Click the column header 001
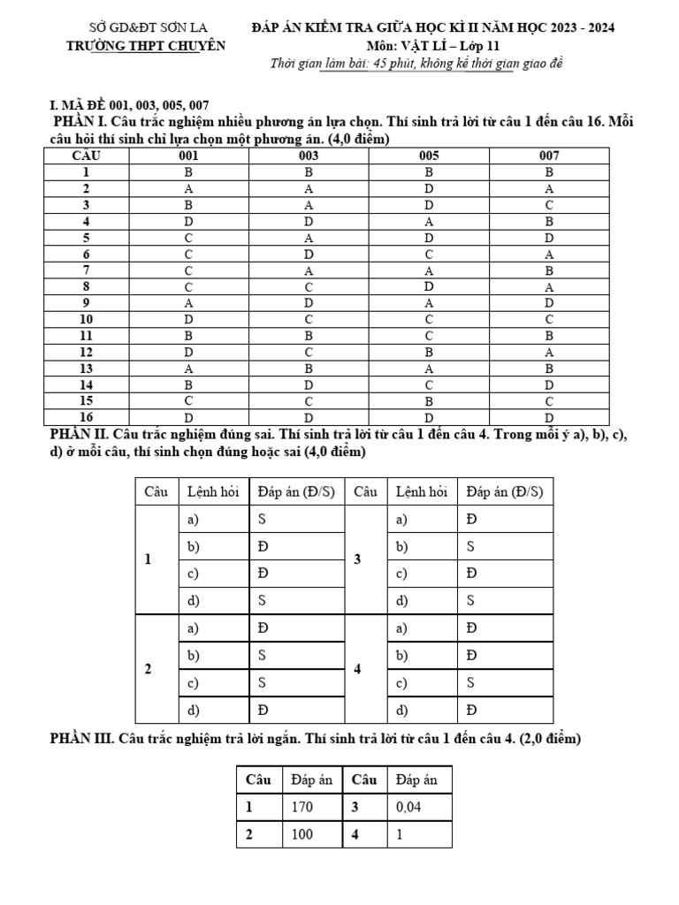point(188,156)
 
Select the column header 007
point(549,156)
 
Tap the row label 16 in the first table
point(87,417)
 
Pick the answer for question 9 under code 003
point(309,303)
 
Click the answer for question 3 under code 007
point(549,205)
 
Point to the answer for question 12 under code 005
point(429,352)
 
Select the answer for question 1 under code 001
point(188,172)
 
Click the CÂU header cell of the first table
point(87,156)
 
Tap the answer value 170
point(301,807)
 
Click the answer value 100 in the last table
point(301,833)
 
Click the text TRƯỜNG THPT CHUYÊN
point(146,46)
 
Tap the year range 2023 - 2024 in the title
point(578,27)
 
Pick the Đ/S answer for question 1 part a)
point(263,519)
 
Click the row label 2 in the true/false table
point(148,669)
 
